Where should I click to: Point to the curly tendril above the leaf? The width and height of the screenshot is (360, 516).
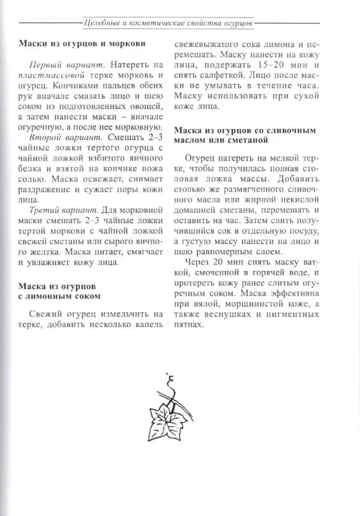pyautogui.click(x=170, y=384)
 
